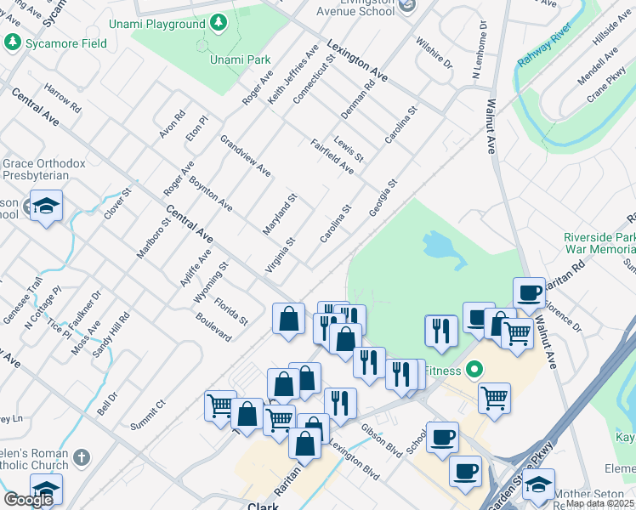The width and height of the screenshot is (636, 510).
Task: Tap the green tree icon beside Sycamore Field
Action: click(12, 42)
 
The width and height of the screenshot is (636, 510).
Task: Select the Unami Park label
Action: click(240, 59)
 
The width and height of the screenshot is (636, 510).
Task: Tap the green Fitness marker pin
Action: click(474, 371)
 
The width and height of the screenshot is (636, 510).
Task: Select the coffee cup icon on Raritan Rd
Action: click(529, 292)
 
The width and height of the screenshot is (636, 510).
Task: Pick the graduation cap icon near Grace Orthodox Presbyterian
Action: click(46, 206)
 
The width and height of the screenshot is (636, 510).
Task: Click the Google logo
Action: click(28, 500)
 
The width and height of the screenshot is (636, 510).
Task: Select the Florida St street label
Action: click(230, 312)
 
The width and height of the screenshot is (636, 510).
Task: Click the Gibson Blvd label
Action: click(380, 441)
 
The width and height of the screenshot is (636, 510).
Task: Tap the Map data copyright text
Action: click(600, 503)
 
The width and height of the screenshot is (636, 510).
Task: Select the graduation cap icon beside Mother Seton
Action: click(537, 484)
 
